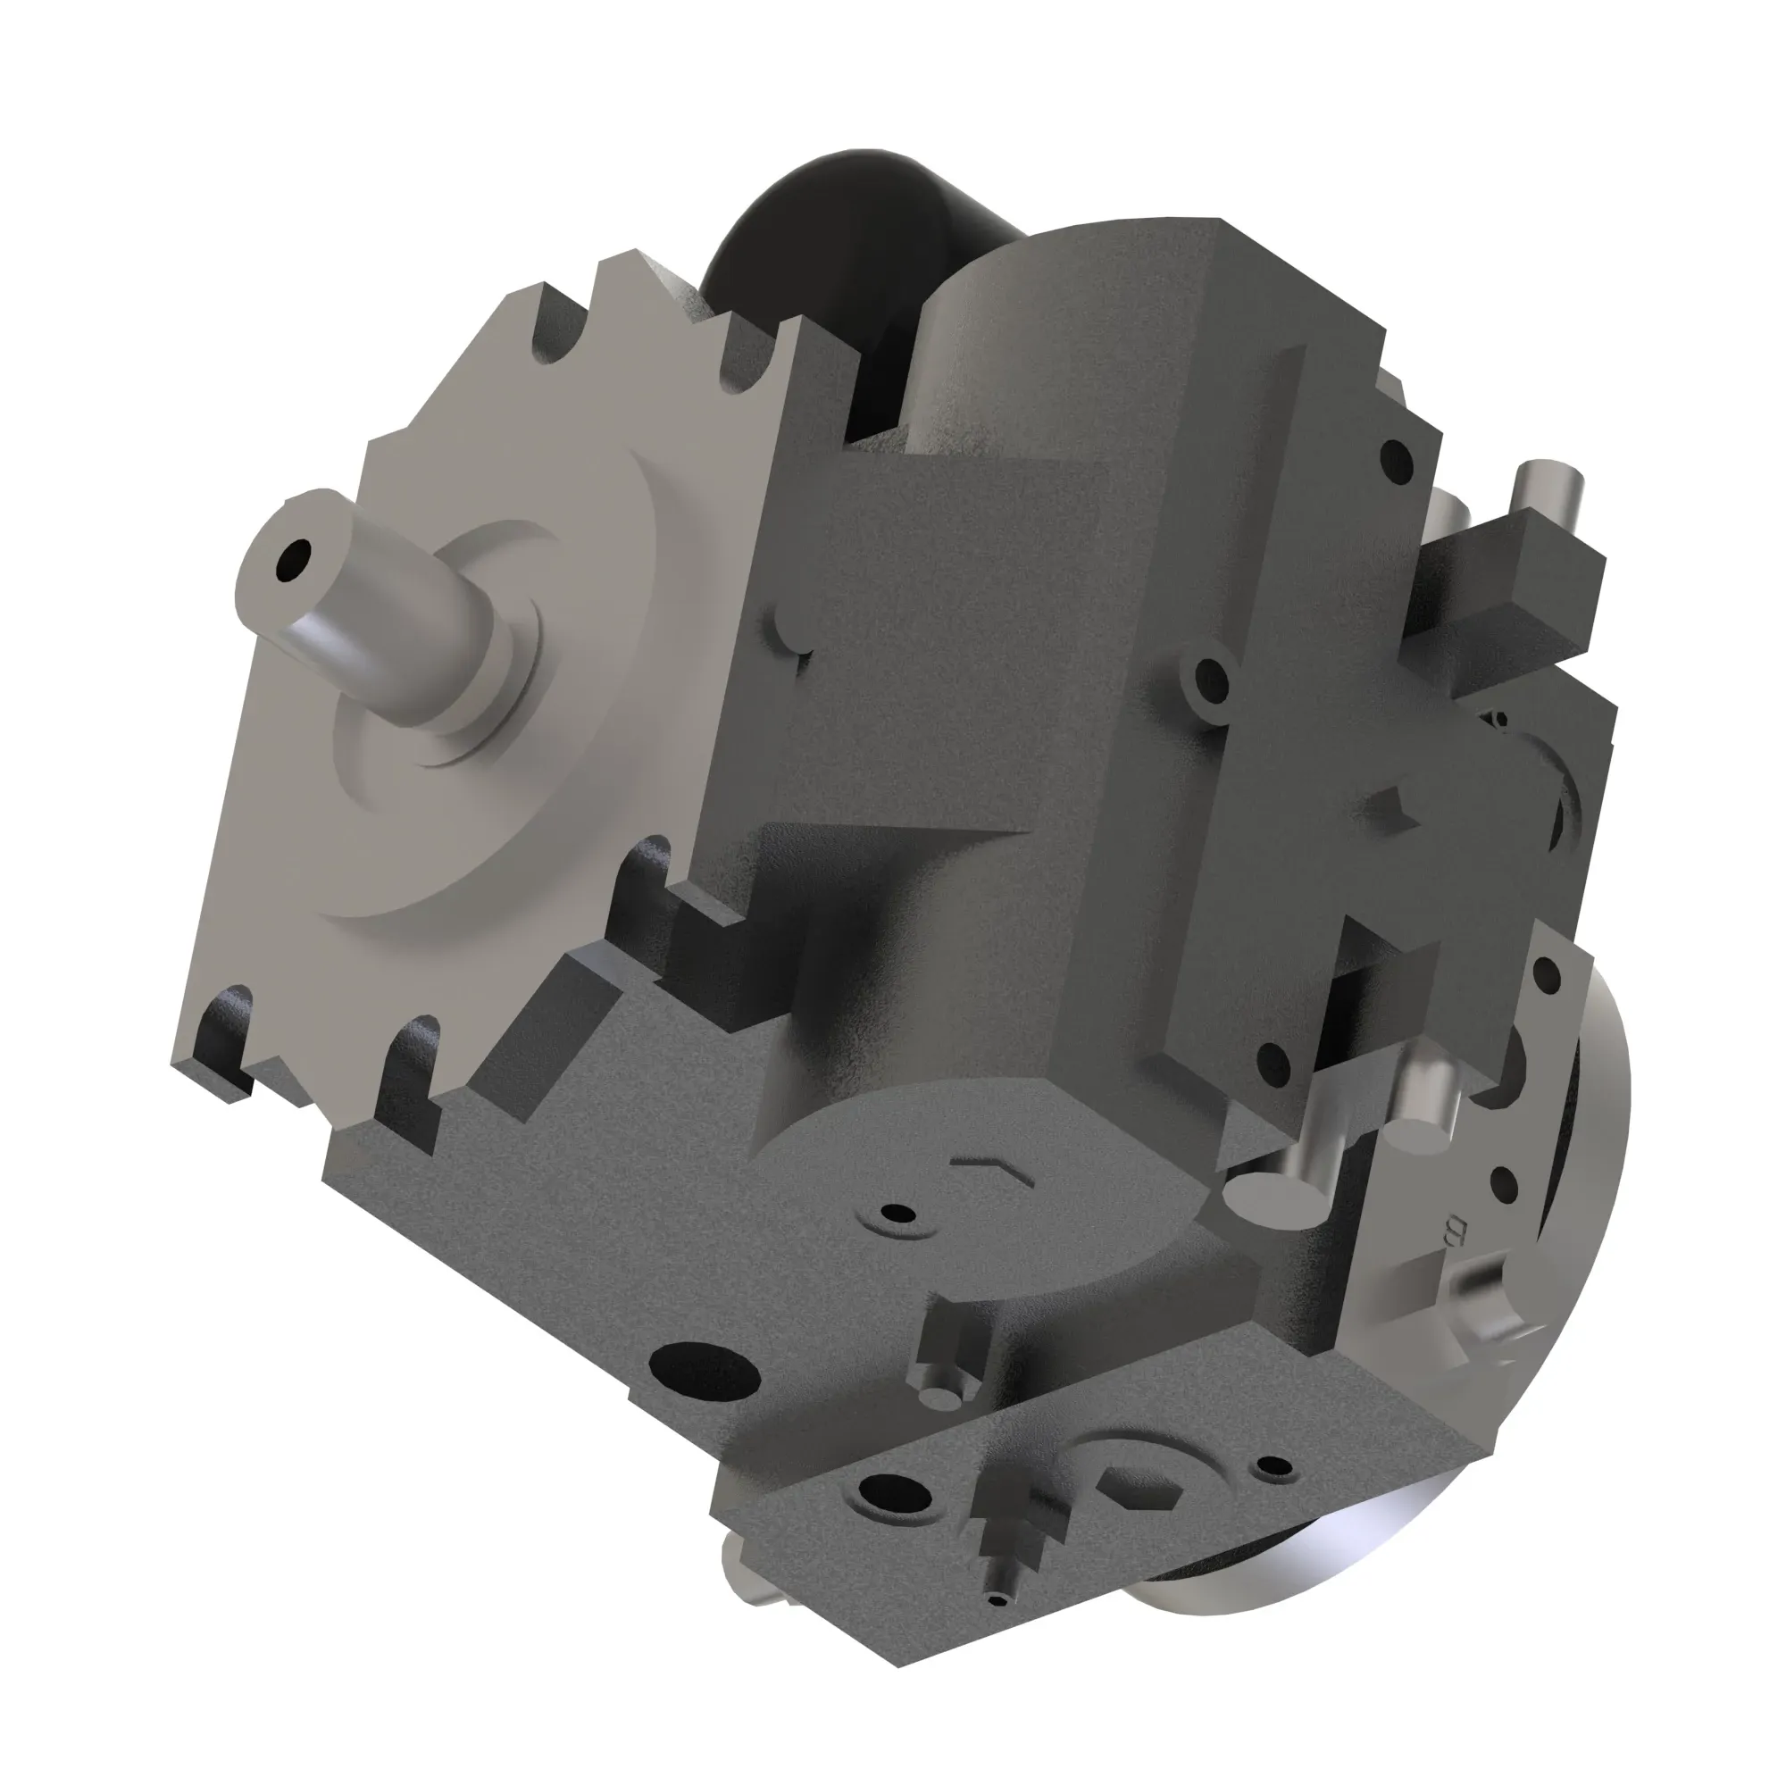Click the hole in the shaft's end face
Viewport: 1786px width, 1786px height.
point(297,558)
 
